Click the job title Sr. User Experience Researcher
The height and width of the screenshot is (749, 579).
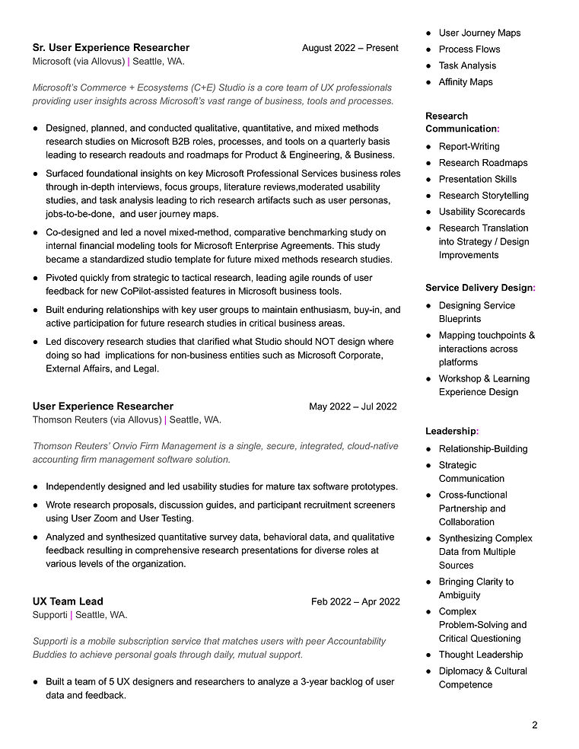111,47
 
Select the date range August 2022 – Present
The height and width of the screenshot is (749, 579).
350,48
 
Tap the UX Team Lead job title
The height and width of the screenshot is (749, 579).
68,601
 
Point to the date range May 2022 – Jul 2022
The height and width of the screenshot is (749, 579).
352,406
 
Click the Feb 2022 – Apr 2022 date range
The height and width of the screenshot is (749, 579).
355,601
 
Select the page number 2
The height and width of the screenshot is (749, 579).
534,725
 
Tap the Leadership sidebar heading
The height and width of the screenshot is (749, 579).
451,431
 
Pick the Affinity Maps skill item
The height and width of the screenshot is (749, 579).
466,82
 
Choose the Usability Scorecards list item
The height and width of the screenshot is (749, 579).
482,212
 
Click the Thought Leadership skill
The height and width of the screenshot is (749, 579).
481,655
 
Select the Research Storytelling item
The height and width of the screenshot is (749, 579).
483,196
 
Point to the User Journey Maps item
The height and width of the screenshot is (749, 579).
479,33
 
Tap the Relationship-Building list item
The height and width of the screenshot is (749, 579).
483,448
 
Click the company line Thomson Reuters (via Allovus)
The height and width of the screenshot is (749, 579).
97,419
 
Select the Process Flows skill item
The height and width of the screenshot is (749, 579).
469,49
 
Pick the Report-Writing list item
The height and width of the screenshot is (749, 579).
469,146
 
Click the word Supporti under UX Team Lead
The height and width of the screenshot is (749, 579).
49,615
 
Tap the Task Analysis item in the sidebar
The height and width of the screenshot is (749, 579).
467,65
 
